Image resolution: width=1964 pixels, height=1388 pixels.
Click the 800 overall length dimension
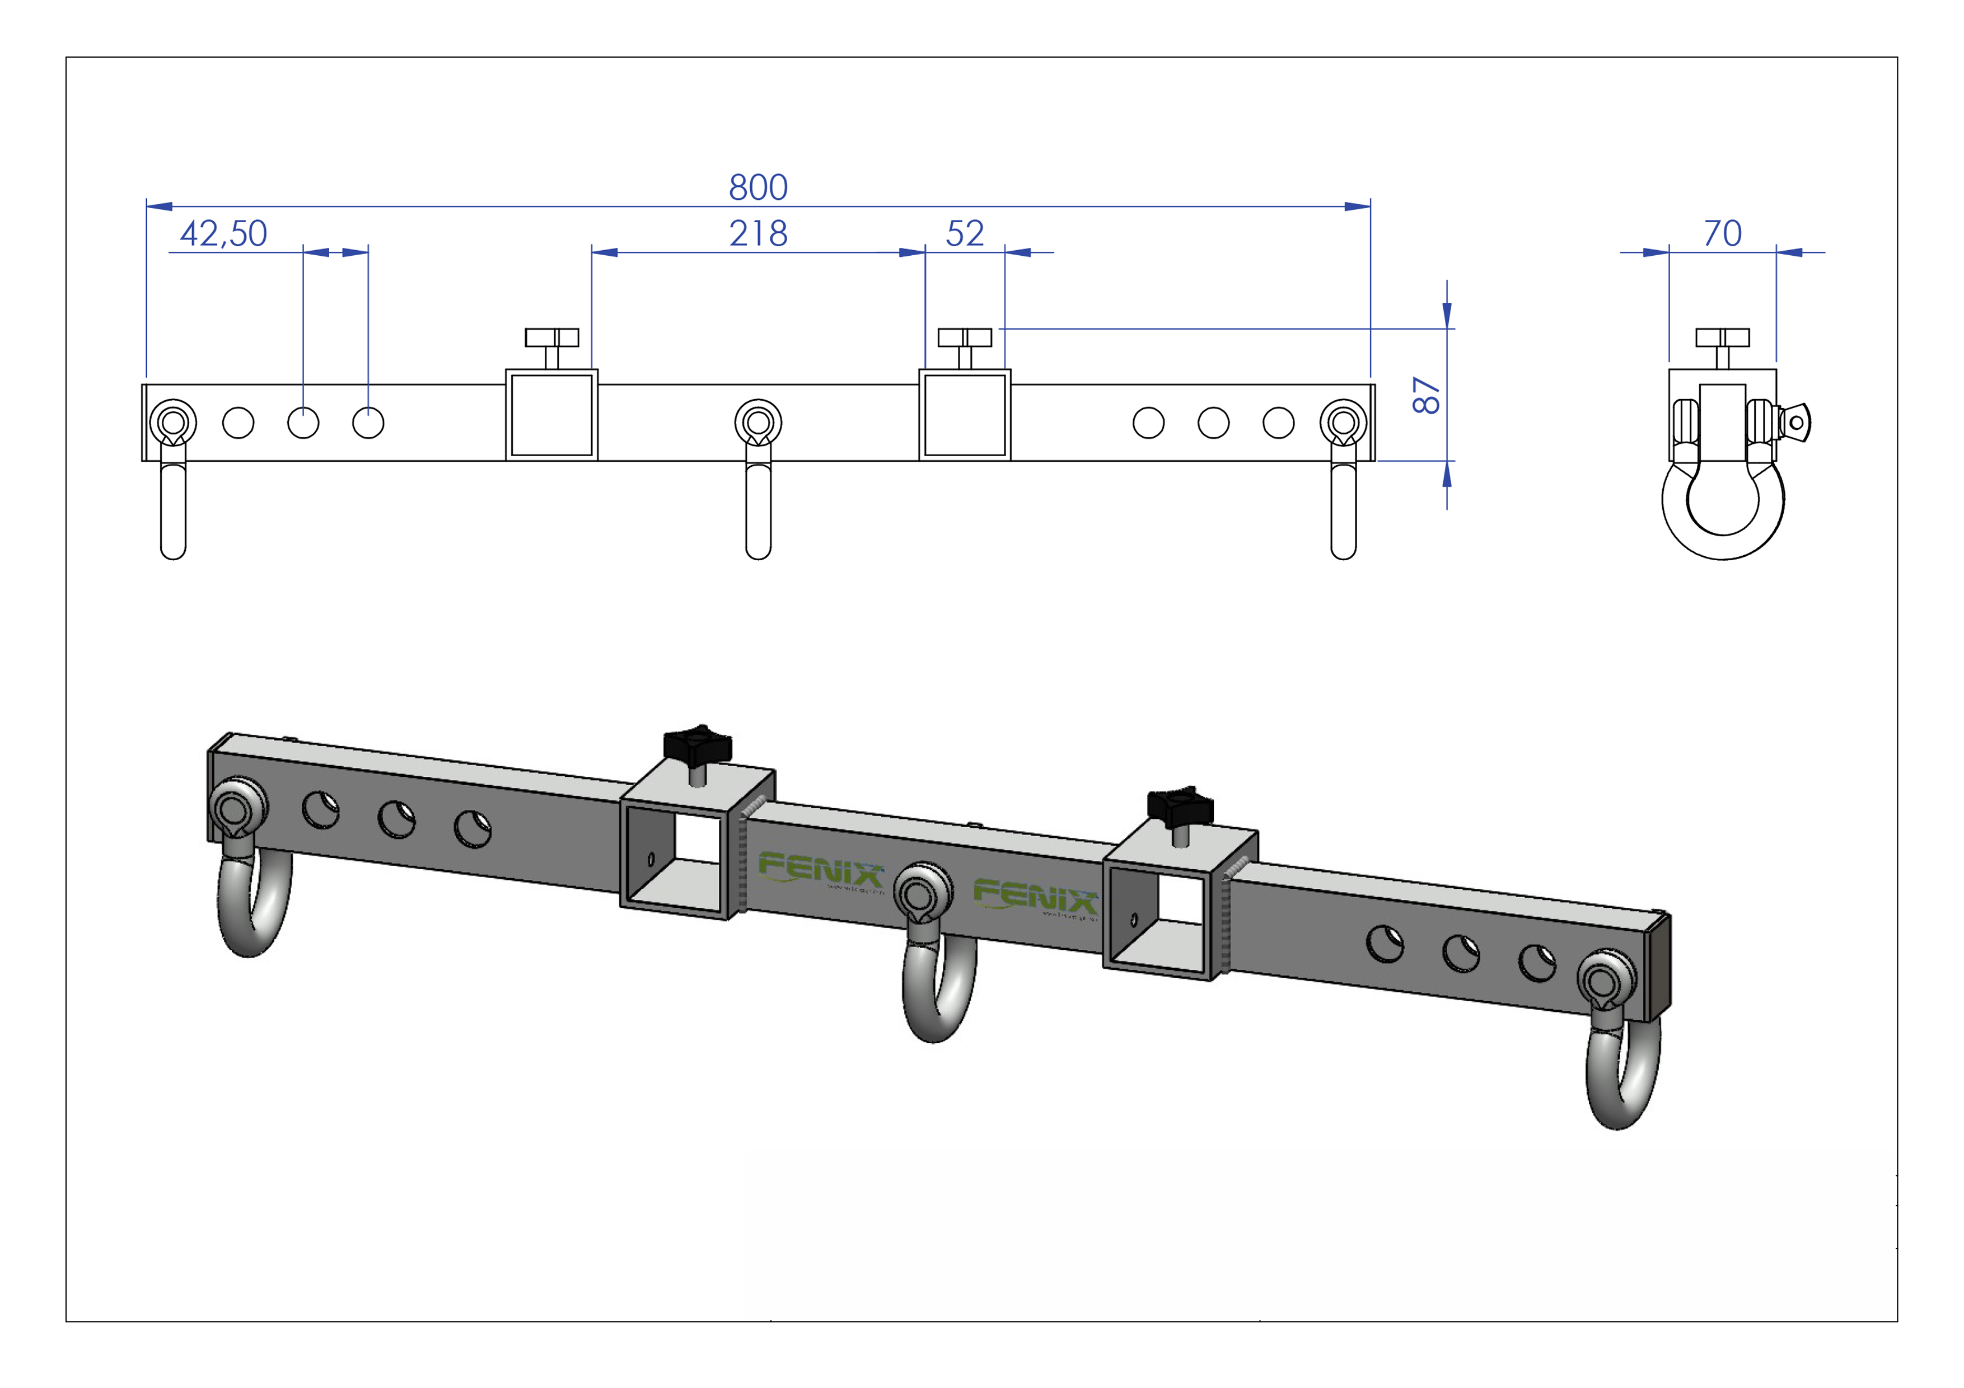click(758, 187)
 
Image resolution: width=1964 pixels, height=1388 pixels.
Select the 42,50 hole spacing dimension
click(223, 233)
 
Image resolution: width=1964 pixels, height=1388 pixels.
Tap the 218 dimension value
click(758, 233)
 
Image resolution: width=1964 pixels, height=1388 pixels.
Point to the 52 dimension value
click(965, 233)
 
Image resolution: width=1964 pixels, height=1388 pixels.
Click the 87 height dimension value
click(1426, 395)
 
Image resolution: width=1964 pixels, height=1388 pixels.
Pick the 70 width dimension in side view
click(1722, 233)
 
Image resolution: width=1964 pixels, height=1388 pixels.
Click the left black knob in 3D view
click(697, 744)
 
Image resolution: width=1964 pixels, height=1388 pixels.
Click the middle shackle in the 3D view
click(937, 983)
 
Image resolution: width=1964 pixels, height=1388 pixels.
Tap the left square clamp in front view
click(551, 415)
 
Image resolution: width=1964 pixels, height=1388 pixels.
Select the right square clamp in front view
click(965, 415)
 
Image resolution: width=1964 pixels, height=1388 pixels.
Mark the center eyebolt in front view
click(758, 423)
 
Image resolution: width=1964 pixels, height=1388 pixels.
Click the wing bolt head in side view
click(1797, 423)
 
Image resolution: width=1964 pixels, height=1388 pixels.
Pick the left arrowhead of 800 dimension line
click(159, 206)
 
